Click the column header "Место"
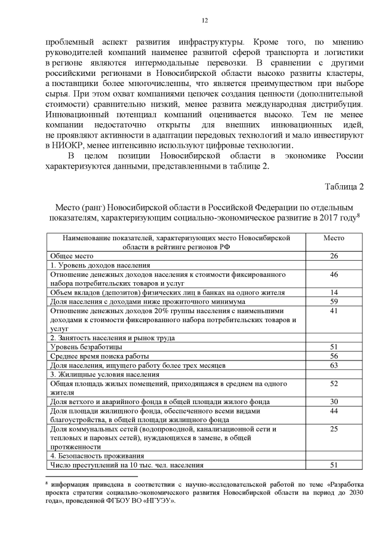tap(334, 237)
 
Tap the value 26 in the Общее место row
tap(334, 256)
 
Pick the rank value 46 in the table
tap(334, 274)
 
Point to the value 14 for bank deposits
tap(334, 292)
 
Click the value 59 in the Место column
tap(334, 301)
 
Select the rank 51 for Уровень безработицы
tap(334, 347)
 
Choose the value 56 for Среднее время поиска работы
tap(334, 356)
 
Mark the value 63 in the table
tap(334, 365)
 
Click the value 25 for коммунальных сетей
tap(334, 429)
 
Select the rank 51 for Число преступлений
tap(334, 464)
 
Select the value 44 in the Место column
tap(334, 410)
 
